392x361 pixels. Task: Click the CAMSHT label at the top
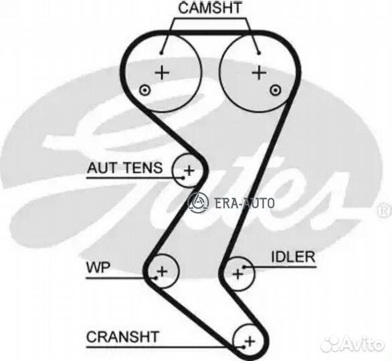point(210,8)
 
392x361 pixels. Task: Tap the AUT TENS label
point(124,168)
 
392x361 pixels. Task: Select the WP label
point(98,267)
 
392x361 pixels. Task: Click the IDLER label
point(293,257)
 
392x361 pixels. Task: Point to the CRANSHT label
point(122,337)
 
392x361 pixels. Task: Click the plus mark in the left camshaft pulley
point(163,73)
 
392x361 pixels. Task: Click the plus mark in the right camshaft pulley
point(260,73)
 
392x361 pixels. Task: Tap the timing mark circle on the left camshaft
point(144,90)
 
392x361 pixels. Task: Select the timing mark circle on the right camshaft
point(275,90)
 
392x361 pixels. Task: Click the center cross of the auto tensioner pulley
point(189,170)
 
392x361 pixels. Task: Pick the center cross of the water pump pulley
point(162,271)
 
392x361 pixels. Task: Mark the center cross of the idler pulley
point(237,274)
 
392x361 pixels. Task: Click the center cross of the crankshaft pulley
point(250,341)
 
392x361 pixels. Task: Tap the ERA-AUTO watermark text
point(244,203)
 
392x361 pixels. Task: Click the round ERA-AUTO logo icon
point(198,202)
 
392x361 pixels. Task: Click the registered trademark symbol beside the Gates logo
point(385,211)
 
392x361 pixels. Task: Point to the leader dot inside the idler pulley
point(245,267)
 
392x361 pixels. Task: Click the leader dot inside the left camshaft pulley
point(161,53)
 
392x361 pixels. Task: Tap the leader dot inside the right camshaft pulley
point(260,53)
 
